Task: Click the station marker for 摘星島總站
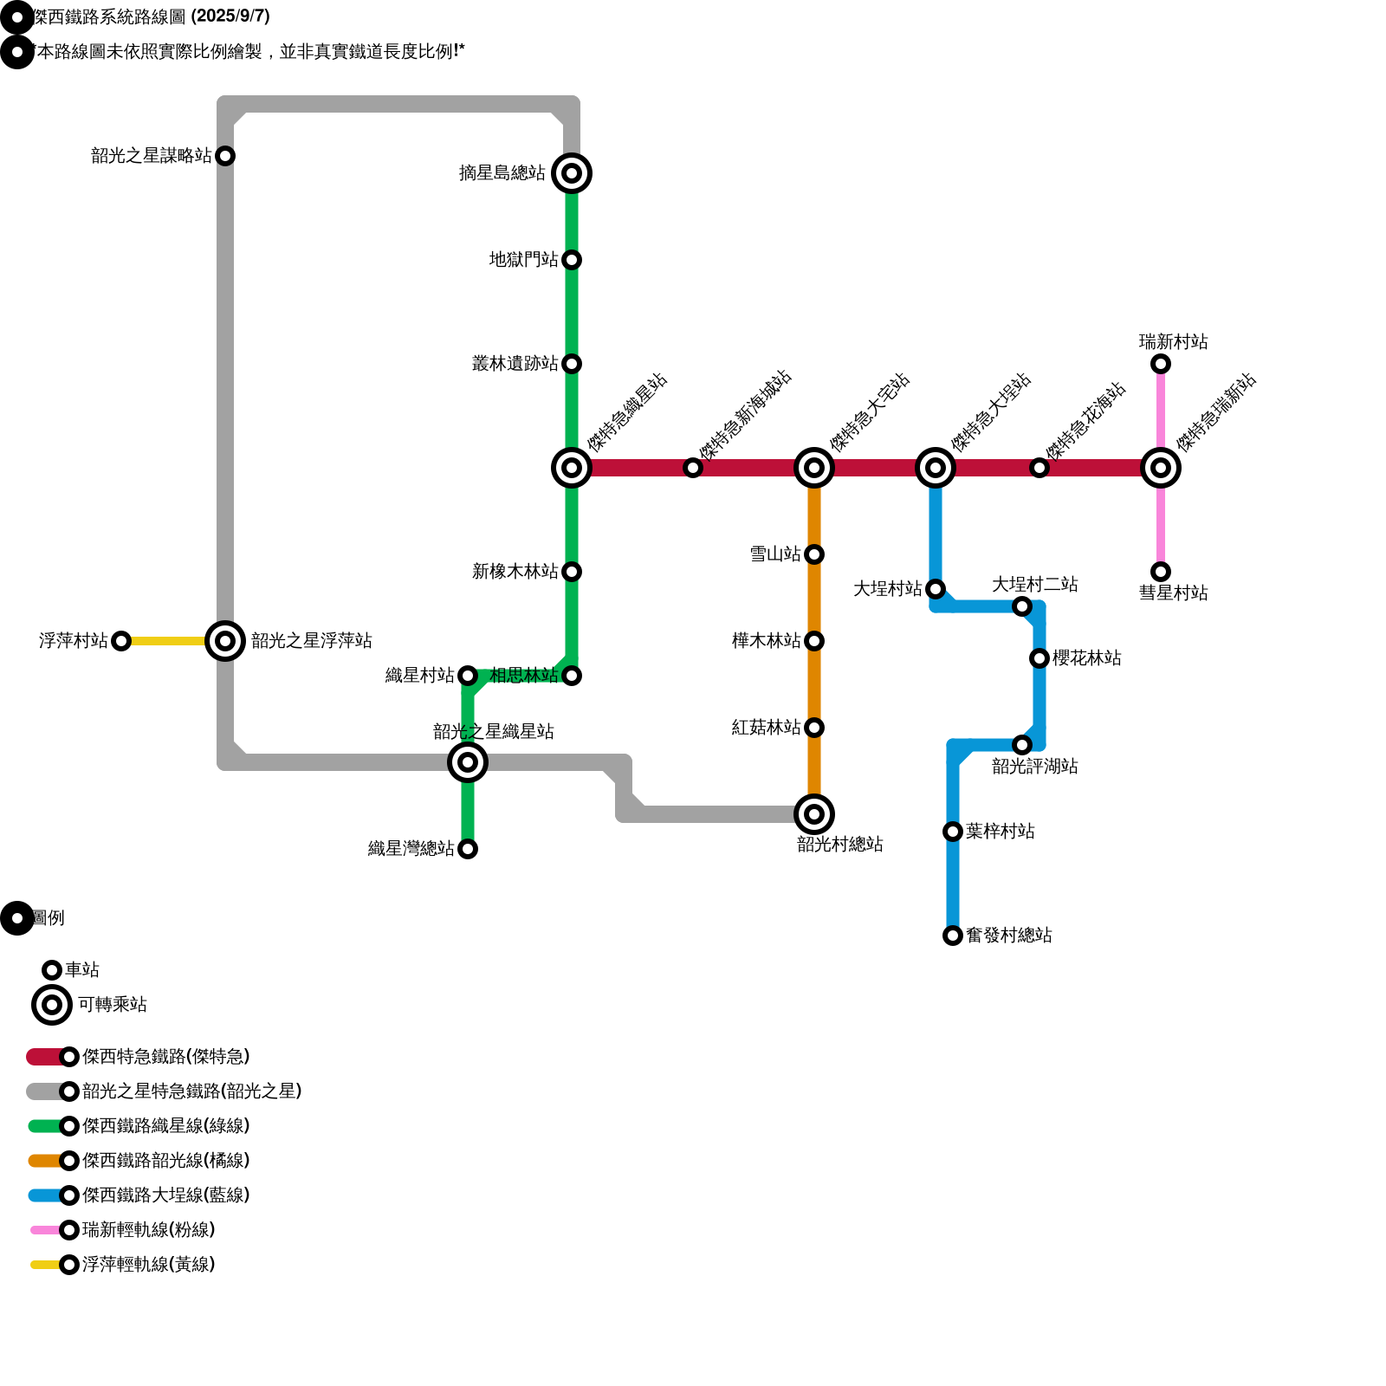pos(572,173)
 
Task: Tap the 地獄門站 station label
pos(523,260)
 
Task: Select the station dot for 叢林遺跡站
pos(572,364)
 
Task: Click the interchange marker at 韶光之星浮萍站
pos(225,641)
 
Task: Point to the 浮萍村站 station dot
pos(121,641)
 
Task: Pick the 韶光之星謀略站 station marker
pos(225,156)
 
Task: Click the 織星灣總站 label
pos(411,849)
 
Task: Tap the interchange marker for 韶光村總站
pos(814,814)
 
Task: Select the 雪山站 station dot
pos(814,554)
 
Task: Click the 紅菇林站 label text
pos(766,728)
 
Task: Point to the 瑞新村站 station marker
pos(1161,364)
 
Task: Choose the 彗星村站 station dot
pos(1161,572)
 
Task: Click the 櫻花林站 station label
pos(1086,658)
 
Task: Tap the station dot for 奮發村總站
pos(953,936)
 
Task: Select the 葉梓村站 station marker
pos(953,832)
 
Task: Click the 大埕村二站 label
pos(1034,585)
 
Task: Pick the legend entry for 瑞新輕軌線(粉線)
pos(147,1230)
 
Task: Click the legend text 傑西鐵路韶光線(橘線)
pos(165,1161)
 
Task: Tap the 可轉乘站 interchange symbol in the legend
pos(52,1005)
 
